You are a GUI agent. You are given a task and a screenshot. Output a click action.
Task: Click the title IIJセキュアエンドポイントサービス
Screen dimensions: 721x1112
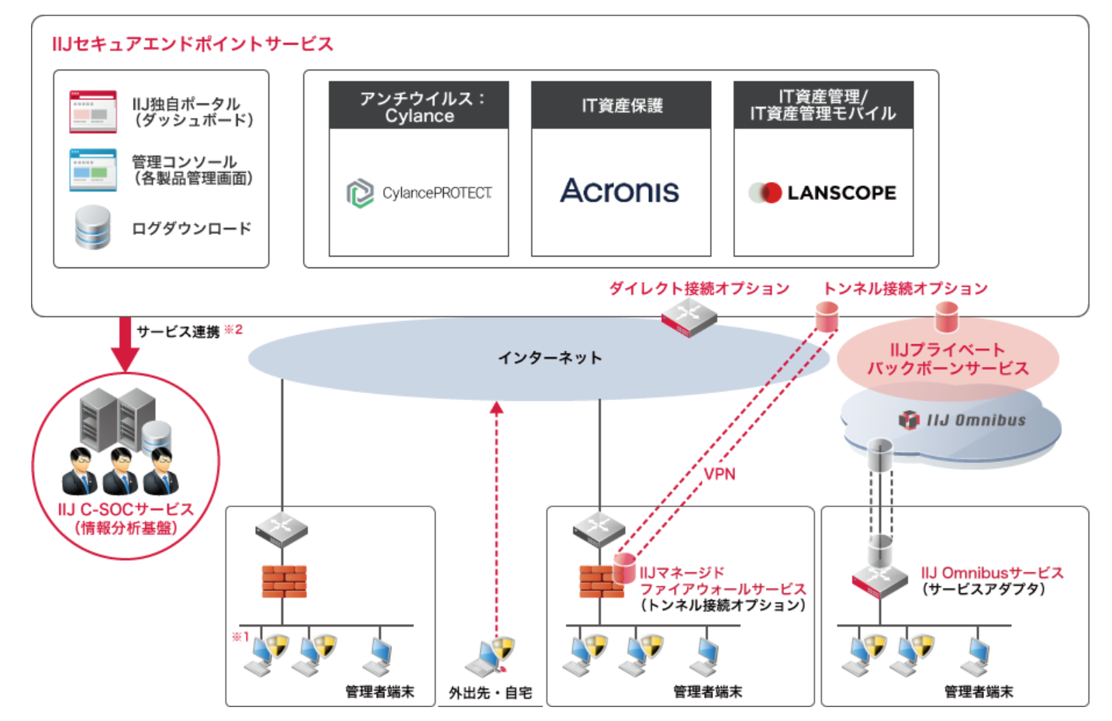pyautogui.click(x=192, y=44)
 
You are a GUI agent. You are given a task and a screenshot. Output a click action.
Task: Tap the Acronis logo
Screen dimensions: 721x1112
pyautogui.click(x=620, y=191)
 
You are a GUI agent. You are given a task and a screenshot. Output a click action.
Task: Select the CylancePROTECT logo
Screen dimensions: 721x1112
pyautogui.click(x=419, y=192)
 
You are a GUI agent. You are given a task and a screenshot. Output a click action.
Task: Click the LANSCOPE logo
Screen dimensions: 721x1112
pyautogui.click(x=823, y=192)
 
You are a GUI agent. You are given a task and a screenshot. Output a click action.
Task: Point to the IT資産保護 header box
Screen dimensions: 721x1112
pyautogui.click(x=621, y=105)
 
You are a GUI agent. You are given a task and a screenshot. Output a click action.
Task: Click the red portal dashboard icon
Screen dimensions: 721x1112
pyautogui.click(x=93, y=112)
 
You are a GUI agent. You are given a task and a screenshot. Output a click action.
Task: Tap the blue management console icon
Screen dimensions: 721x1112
pyautogui.click(x=93, y=170)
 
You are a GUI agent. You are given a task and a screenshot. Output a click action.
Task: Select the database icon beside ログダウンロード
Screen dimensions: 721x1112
pyautogui.click(x=93, y=228)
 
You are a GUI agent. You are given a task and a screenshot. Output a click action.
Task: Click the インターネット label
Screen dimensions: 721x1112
pyautogui.click(x=549, y=357)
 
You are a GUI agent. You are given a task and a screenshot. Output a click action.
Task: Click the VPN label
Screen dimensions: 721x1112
pyautogui.click(x=720, y=474)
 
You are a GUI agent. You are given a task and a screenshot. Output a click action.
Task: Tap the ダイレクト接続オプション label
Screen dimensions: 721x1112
pyautogui.click(x=699, y=288)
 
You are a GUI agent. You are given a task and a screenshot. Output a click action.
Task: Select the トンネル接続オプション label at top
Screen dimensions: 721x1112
pyautogui.click(x=905, y=288)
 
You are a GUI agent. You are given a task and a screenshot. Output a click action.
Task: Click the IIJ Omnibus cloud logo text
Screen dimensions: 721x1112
pyautogui.click(x=976, y=420)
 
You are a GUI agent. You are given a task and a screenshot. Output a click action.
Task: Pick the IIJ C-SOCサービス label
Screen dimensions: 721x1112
pyautogui.click(x=126, y=510)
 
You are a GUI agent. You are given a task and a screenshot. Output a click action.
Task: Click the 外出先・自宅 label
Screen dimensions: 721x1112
pyautogui.click(x=490, y=692)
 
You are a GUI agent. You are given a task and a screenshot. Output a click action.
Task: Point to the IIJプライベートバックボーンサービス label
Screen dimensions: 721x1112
pyautogui.click(x=948, y=359)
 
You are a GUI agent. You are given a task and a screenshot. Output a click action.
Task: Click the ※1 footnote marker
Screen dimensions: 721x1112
pyautogui.click(x=240, y=636)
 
